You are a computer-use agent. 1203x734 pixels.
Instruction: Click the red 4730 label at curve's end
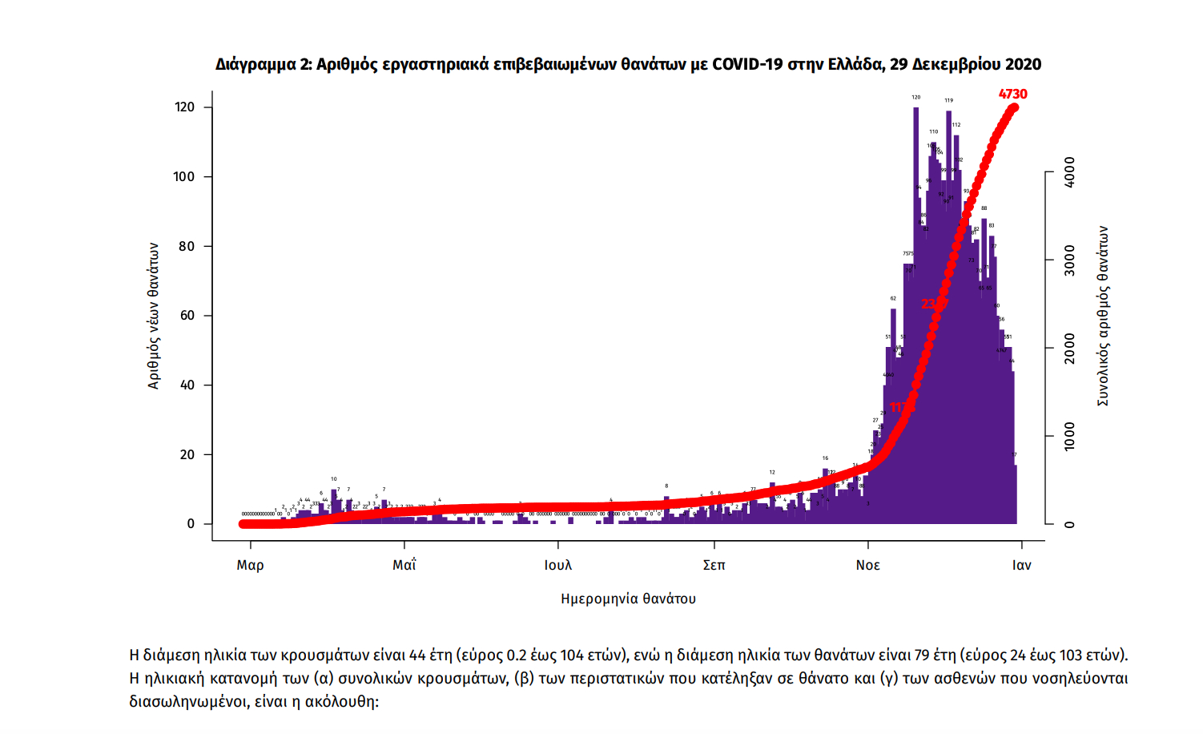[x=1012, y=94]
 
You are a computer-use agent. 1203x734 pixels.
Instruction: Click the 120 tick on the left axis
[x=184, y=107]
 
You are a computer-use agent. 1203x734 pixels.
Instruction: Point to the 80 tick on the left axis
[x=187, y=246]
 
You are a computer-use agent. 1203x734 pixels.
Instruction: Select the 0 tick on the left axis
[x=191, y=524]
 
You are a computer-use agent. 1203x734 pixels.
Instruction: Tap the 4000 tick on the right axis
[x=1070, y=172]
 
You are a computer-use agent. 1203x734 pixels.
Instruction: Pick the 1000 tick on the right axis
[x=1070, y=437]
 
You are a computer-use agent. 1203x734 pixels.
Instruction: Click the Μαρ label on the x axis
[x=250, y=566]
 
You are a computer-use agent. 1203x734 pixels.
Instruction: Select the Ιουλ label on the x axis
[x=558, y=566]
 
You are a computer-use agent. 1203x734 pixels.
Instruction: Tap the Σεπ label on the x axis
[x=714, y=566]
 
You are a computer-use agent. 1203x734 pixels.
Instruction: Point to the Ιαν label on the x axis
[x=1021, y=566]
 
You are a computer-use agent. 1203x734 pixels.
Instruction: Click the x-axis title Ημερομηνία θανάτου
[x=628, y=599]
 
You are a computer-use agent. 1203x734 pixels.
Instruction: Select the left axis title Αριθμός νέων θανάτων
[x=154, y=316]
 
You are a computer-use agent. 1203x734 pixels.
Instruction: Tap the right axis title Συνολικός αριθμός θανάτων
[x=1103, y=316]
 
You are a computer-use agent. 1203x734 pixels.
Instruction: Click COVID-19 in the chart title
[x=746, y=65]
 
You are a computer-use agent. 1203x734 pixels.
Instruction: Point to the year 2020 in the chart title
[x=1023, y=65]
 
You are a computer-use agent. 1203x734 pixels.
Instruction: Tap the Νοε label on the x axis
[x=867, y=566]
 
